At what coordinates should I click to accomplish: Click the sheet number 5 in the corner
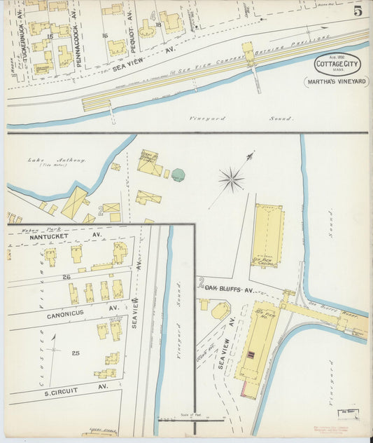357,11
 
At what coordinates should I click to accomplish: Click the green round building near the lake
178,175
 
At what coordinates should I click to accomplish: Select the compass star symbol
231,180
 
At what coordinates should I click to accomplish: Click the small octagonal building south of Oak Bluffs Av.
220,309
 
